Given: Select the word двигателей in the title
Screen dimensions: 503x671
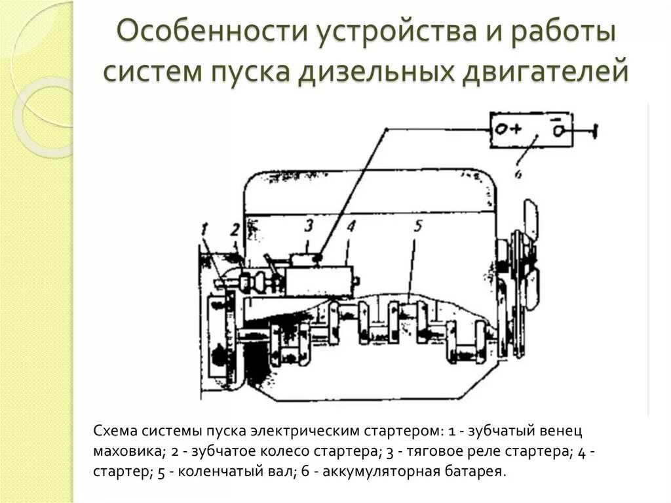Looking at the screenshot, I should coord(546,70).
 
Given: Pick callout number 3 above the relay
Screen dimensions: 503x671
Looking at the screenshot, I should coord(309,226).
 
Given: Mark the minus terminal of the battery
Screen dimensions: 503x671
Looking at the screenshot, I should coord(558,128).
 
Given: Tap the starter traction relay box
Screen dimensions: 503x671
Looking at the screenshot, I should coord(303,259).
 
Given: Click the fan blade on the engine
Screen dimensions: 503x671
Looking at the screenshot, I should coord(529,220).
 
